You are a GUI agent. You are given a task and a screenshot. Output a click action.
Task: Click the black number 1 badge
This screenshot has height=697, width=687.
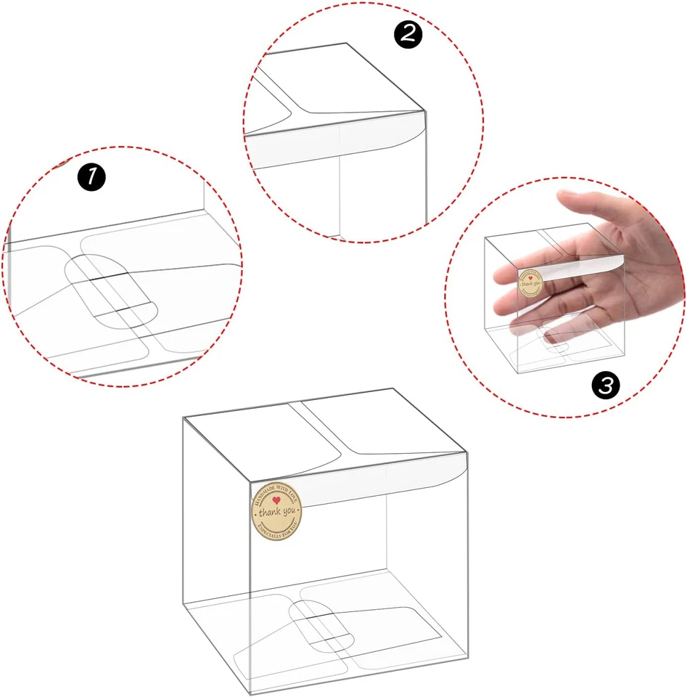[x=91, y=176]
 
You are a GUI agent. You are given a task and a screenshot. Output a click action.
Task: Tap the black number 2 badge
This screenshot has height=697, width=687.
[x=408, y=35]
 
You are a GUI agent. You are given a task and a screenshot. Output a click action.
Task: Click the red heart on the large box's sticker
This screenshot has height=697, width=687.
[x=276, y=501]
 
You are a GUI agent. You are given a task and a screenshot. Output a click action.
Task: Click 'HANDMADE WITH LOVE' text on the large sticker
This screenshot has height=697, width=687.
[x=276, y=492]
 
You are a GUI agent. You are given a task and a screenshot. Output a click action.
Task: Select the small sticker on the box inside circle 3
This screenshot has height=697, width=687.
[x=531, y=282]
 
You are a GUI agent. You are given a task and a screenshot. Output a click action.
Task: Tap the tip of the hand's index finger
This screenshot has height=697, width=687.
[x=501, y=274]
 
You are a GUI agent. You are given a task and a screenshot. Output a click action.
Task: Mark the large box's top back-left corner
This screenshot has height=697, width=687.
[x=184, y=418]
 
